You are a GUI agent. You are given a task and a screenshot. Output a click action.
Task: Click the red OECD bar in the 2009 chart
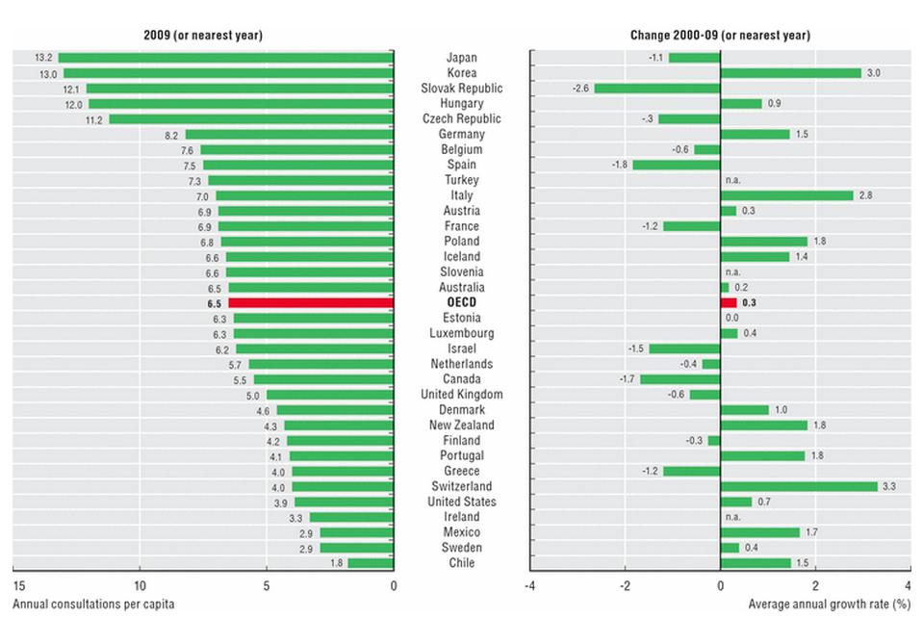point(311,302)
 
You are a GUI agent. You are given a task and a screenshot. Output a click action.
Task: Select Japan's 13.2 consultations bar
point(225,58)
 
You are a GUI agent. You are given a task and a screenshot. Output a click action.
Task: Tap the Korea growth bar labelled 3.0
point(790,73)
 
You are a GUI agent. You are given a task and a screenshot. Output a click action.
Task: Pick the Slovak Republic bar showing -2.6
point(656,89)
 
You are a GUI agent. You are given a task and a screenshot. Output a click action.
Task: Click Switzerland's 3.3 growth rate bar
point(799,486)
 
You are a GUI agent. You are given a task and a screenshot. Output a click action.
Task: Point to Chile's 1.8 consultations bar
point(371,563)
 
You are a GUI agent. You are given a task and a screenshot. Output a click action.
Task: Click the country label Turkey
point(461,180)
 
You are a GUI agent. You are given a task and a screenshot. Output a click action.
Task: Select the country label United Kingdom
point(461,395)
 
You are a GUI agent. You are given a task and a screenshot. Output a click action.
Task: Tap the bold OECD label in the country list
point(461,302)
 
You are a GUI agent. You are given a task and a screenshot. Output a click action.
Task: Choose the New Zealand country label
point(461,426)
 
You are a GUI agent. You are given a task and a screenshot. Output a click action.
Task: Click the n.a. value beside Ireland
point(733,517)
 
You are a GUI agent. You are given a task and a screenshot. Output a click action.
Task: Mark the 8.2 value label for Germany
point(172,135)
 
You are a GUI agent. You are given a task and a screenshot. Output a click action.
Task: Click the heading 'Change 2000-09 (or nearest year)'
point(719,35)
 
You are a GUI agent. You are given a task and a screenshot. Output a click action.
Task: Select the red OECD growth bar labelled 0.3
point(728,302)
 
